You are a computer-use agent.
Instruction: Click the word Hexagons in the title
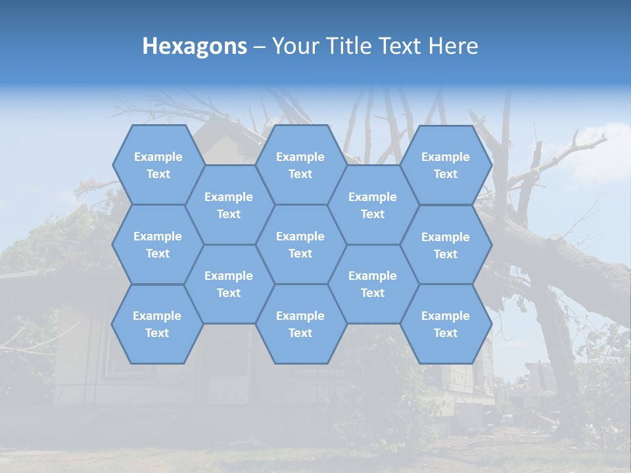point(195,47)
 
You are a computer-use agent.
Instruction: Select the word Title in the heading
point(348,47)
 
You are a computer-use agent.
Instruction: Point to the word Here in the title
point(454,47)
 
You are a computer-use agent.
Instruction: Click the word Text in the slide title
point(400,47)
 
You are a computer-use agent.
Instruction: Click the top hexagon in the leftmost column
point(158,165)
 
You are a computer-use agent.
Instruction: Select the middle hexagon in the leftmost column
point(158,244)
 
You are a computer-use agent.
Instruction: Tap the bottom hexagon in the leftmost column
point(157,324)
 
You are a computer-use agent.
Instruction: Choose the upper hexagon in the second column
point(229,205)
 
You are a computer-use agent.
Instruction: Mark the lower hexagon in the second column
point(229,284)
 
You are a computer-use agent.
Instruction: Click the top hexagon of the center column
point(300,165)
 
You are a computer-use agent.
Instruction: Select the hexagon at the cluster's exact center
point(300,244)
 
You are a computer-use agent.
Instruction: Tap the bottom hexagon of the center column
point(300,324)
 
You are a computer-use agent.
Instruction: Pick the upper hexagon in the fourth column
point(373,205)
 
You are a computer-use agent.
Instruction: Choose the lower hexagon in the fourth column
point(373,284)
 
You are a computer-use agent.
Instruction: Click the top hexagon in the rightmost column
point(446,165)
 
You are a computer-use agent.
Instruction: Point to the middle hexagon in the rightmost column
point(446,245)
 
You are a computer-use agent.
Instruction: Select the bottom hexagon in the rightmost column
point(446,324)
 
